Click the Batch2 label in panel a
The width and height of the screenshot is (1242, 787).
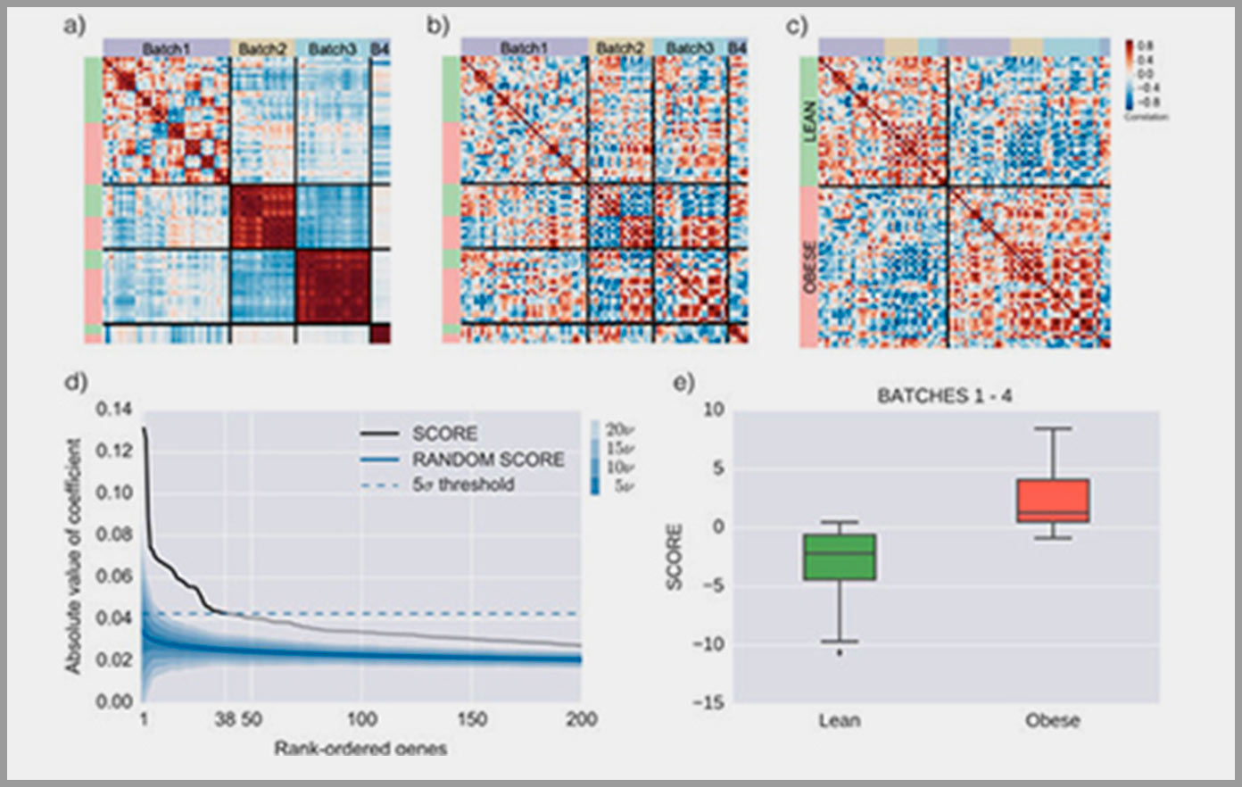[x=262, y=48]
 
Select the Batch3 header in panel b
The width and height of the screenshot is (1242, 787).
[x=690, y=48]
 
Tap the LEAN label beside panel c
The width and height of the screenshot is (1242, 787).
[x=809, y=120]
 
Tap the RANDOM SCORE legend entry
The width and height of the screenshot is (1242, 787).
[x=487, y=460]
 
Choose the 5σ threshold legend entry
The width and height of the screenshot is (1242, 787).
[x=462, y=485]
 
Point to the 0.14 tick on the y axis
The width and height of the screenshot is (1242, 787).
[x=112, y=410]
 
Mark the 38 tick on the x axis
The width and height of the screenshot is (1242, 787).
[x=224, y=719]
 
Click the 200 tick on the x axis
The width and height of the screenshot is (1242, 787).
[x=582, y=719]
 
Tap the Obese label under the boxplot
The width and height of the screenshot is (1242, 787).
[x=1053, y=720]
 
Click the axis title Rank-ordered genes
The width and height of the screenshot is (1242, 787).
[x=360, y=748]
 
